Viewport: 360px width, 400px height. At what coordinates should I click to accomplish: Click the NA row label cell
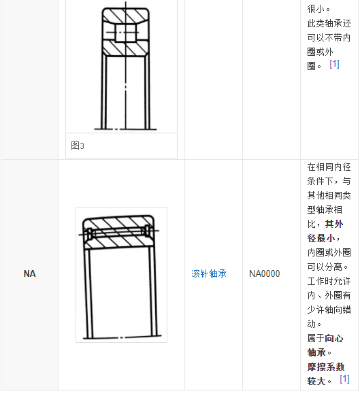click(29, 273)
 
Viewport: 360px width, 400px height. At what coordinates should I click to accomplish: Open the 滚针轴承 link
click(209, 273)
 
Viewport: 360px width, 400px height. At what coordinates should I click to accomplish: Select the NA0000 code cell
click(265, 273)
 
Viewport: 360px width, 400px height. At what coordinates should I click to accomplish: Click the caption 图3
click(78, 146)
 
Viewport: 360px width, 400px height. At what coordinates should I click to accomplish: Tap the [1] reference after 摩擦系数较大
click(344, 379)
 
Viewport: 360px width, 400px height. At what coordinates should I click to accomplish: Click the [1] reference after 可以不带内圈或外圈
click(334, 64)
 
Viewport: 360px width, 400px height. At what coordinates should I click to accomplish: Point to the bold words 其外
click(334, 224)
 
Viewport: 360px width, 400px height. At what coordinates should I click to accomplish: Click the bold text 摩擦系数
click(326, 367)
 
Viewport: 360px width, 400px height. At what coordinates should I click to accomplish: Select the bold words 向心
click(334, 338)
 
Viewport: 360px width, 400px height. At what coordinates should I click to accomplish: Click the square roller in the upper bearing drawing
click(125, 33)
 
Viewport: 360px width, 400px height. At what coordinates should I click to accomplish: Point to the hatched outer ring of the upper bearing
click(125, 15)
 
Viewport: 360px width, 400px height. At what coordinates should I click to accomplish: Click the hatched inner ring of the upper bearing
click(125, 48)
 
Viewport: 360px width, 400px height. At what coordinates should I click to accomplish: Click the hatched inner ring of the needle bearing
click(118, 243)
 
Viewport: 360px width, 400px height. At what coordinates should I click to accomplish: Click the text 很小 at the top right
click(316, 10)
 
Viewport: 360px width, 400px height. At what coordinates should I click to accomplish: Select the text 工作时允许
click(329, 281)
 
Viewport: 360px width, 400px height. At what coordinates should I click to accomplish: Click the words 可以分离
click(325, 267)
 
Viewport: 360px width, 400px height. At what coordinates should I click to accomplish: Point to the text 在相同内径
click(329, 167)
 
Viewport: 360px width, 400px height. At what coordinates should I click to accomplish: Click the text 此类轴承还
click(329, 23)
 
